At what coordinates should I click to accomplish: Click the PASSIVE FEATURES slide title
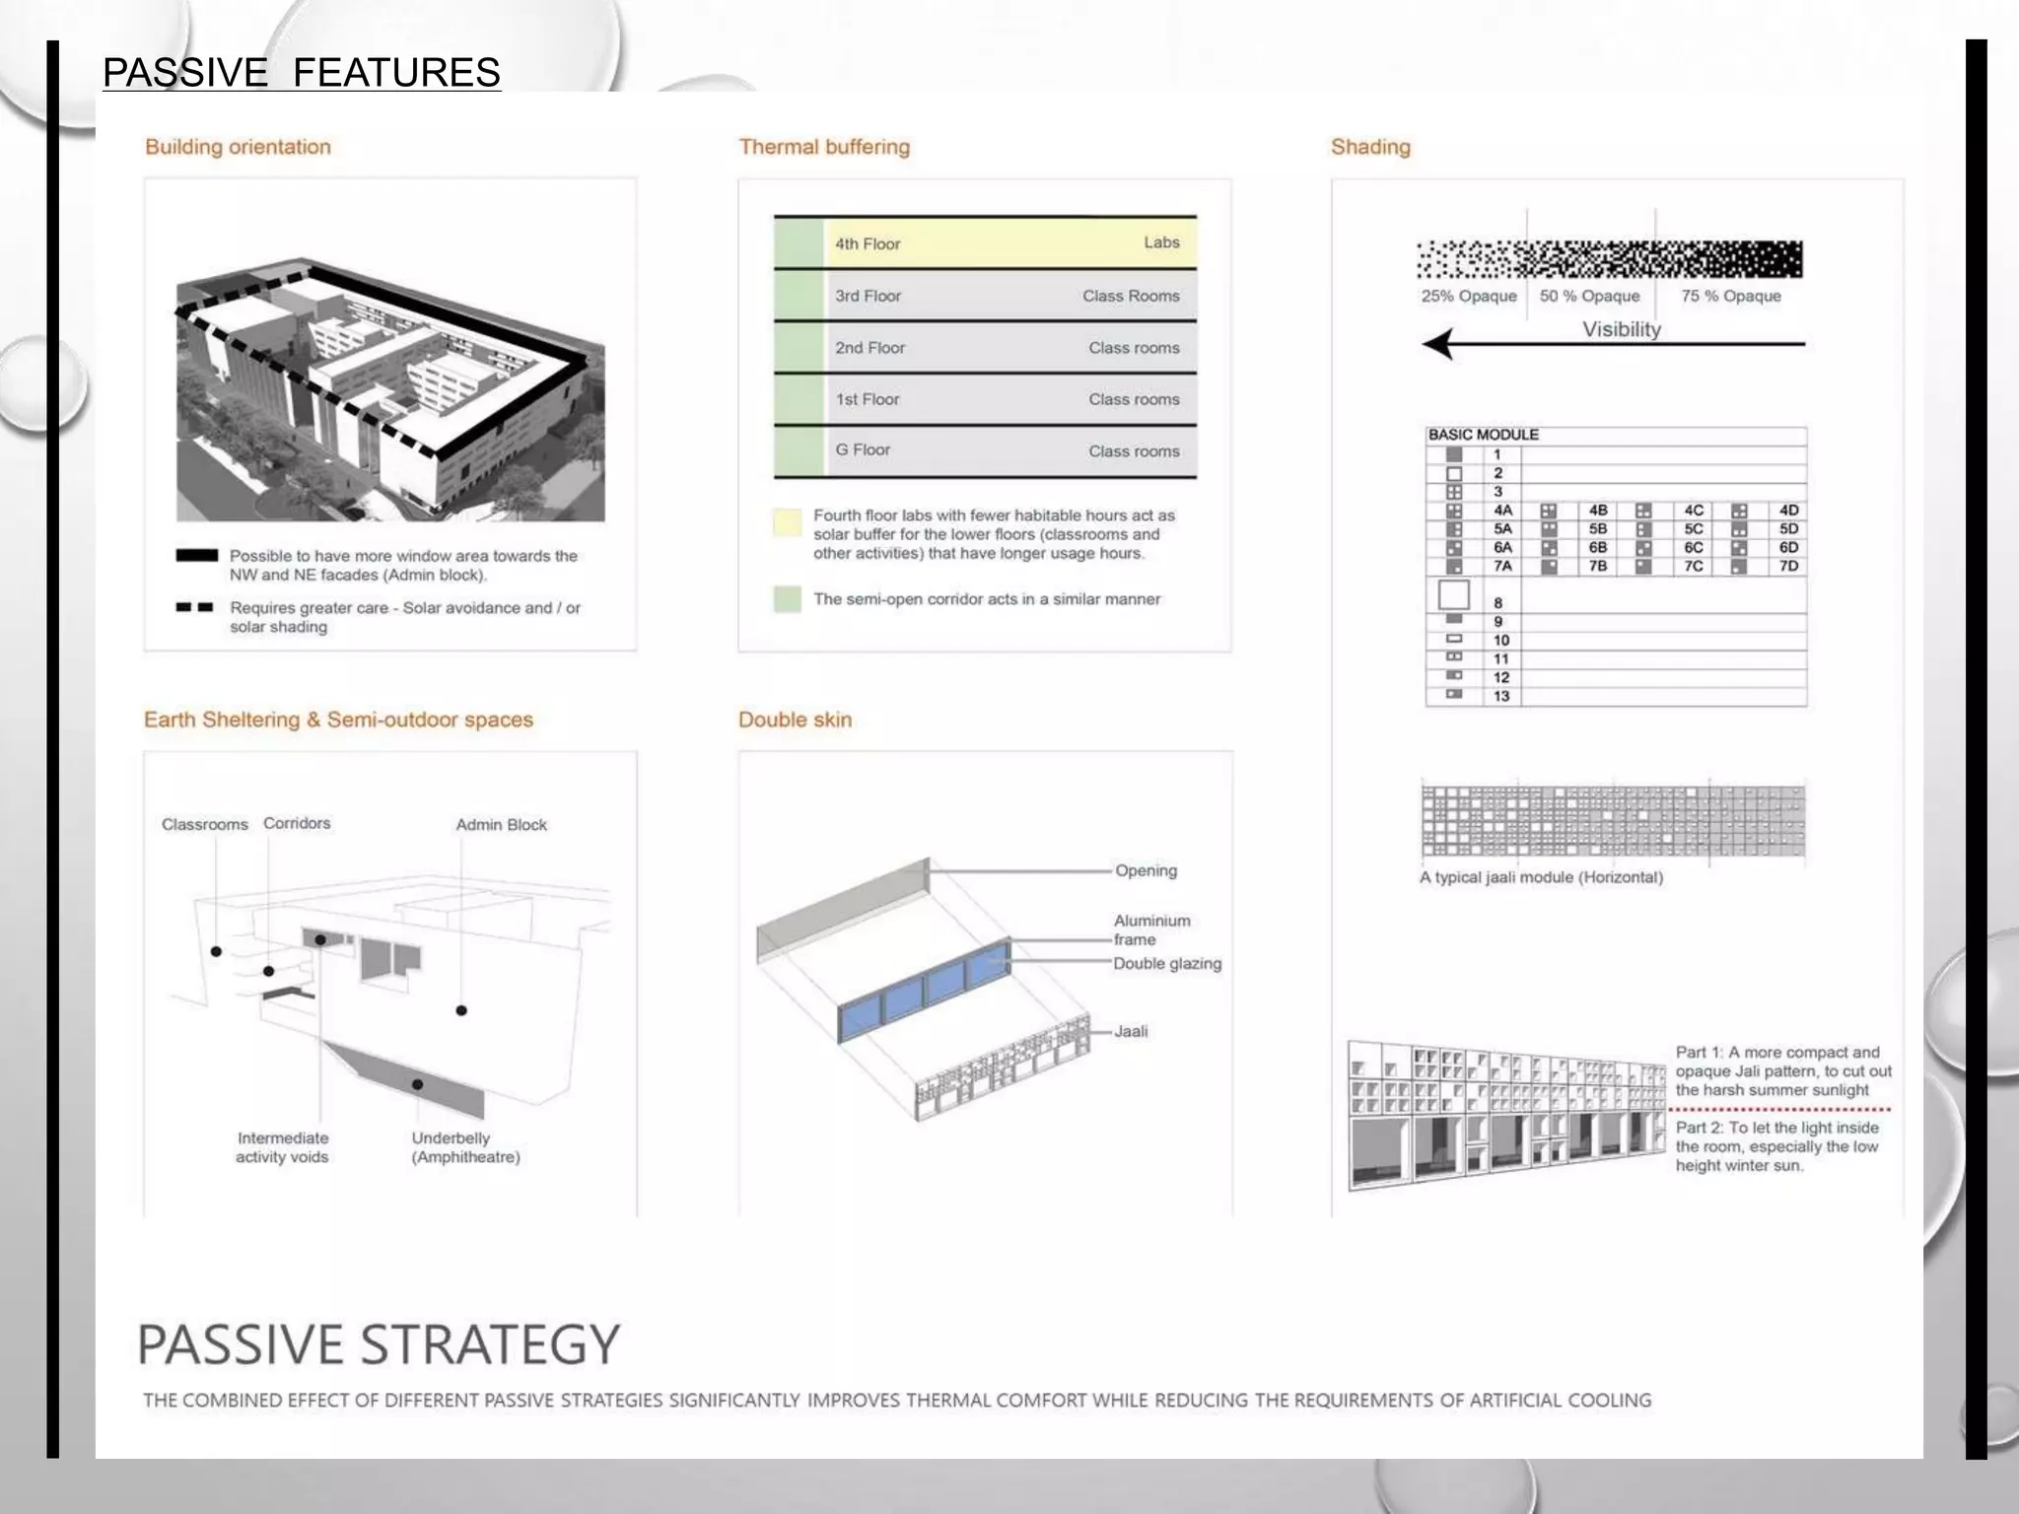click(301, 73)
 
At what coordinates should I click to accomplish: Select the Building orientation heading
click(238, 147)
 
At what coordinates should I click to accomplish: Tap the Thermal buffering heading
click(824, 147)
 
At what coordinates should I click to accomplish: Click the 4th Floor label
click(868, 243)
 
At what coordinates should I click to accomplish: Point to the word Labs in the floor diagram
click(1161, 242)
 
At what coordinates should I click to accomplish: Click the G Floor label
click(863, 449)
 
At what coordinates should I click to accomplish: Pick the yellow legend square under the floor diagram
click(787, 522)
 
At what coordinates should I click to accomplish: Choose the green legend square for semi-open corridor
click(787, 598)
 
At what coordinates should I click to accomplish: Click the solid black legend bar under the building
click(196, 556)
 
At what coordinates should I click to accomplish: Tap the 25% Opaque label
click(1468, 296)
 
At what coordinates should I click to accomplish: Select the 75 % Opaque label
click(1731, 296)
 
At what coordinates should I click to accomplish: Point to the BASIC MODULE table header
click(1483, 435)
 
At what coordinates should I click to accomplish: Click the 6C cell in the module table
click(1693, 547)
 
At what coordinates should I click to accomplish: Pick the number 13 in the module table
click(1500, 696)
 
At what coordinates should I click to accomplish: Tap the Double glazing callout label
click(1167, 963)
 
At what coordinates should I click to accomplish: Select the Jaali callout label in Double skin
click(1131, 1031)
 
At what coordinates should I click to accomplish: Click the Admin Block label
click(501, 825)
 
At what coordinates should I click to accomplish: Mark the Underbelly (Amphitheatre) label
click(464, 1147)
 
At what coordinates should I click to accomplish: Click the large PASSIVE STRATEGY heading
click(379, 1344)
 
